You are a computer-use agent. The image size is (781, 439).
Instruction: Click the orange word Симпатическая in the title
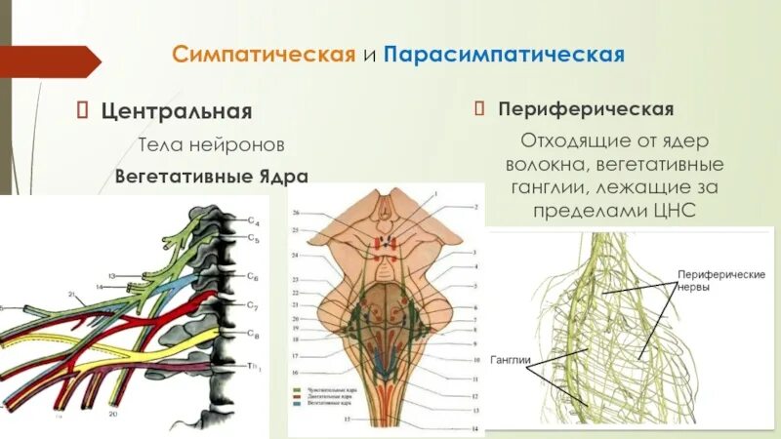263,53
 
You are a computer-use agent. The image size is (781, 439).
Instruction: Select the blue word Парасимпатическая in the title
504,53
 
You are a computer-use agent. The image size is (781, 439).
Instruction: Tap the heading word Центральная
177,111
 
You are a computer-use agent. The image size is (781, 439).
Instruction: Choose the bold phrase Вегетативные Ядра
212,177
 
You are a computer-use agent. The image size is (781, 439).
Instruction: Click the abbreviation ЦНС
672,211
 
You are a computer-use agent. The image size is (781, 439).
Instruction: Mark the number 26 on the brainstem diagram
296,212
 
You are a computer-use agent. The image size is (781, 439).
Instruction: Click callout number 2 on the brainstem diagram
477,207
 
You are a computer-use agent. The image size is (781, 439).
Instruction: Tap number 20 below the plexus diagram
114,414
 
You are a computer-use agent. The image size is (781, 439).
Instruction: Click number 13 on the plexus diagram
113,276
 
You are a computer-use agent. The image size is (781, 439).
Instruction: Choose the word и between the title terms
369,54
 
